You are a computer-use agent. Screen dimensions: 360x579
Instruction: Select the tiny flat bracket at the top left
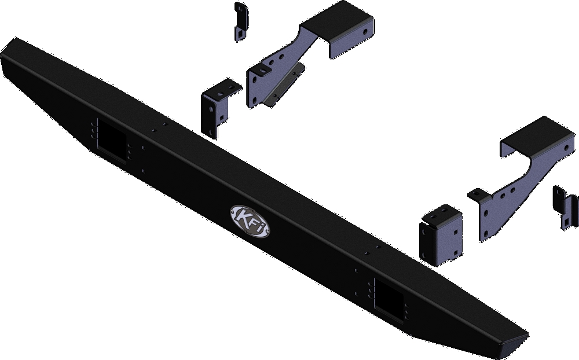[240, 21]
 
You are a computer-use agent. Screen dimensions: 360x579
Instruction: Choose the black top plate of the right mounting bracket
[530, 137]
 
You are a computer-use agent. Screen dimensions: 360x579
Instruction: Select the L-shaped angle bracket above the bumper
[218, 106]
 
